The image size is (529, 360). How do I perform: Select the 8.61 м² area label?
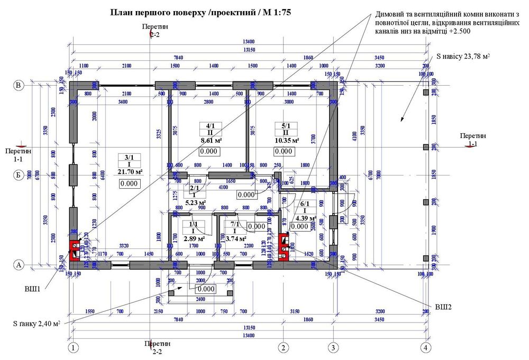click(x=210, y=141)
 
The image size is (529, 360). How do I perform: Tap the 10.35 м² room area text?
click(x=287, y=140)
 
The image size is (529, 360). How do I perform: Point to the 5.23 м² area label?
click(x=195, y=202)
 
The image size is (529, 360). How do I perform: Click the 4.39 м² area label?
click(x=305, y=218)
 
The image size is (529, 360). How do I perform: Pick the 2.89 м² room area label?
click(x=190, y=239)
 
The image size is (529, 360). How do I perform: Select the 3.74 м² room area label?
click(x=234, y=239)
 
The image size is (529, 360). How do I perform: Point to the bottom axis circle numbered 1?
click(x=74, y=347)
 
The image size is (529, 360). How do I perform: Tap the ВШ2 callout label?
click(x=443, y=307)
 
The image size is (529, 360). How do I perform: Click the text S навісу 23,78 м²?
click(x=462, y=56)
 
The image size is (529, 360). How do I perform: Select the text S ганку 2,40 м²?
click(x=37, y=323)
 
